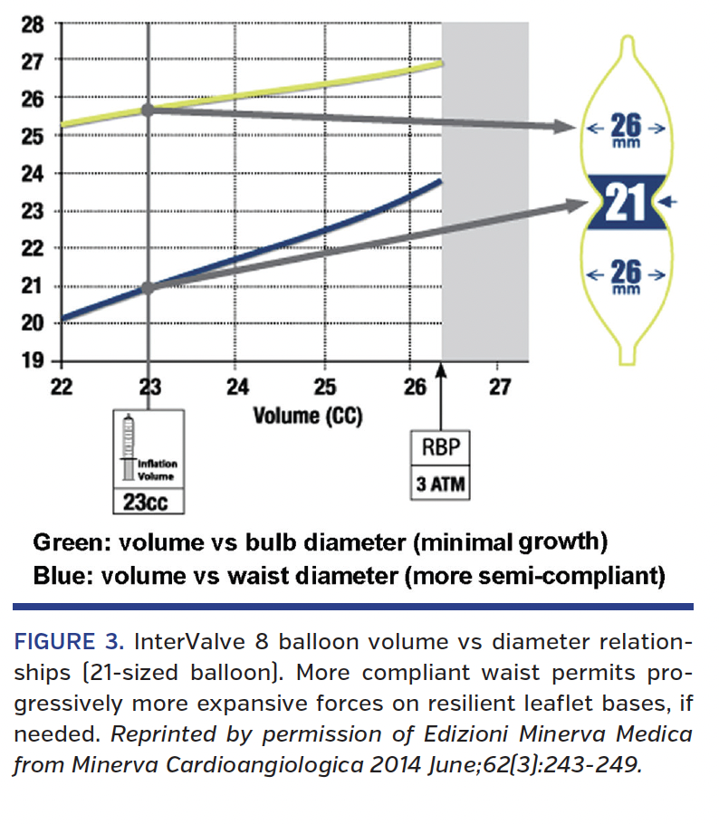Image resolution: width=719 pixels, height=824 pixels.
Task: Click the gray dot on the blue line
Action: click(149, 288)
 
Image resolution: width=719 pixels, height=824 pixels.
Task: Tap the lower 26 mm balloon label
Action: click(626, 273)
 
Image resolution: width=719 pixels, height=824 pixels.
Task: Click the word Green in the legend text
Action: click(69, 542)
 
